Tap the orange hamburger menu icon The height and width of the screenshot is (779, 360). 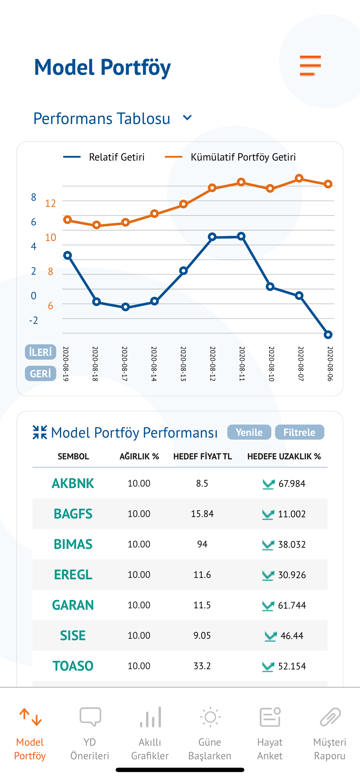[x=310, y=65]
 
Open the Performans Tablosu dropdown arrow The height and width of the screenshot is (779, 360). [x=187, y=118]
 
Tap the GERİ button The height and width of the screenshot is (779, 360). [x=41, y=374]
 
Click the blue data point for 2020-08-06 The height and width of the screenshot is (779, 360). [x=328, y=334]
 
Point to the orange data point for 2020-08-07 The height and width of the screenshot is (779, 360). [x=299, y=179]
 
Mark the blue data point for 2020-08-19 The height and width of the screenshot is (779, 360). [x=68, y=255]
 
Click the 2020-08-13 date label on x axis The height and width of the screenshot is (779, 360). [x=183, y=363]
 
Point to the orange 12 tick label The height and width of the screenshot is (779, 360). [x=50, y=203]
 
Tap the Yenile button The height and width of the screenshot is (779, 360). [x=249, y=432]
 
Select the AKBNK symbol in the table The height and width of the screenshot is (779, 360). [x=73, y=483]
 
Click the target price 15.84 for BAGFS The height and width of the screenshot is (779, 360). [x=202, y=514]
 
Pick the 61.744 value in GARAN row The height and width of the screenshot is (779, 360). [x=292, y=605]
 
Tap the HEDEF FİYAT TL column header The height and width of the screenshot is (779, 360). [x=202, y=456]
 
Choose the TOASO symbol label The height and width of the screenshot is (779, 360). [x=73, y=666]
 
